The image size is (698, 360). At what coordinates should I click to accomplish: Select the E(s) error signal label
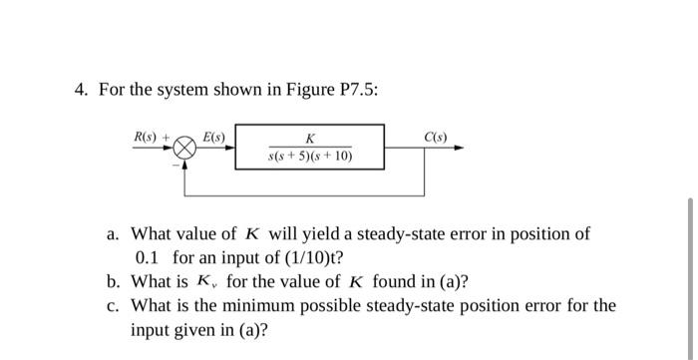[x=213, y=135]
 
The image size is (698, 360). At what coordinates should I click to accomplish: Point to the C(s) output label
[x=435, y=135]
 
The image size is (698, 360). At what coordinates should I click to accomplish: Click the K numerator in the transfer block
[x=311, y=139]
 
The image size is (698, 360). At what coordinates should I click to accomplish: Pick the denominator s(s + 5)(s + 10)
[x=310, y=157]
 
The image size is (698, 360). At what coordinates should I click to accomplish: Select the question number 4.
[x=81, y=90]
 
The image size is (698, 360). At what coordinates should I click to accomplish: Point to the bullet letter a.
[x=114, y=234]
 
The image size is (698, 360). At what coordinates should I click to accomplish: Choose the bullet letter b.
[x=114, y=281]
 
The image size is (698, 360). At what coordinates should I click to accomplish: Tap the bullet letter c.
[x=114, y=305]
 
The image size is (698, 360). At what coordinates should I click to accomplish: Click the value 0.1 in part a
[x=147, y=257]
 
